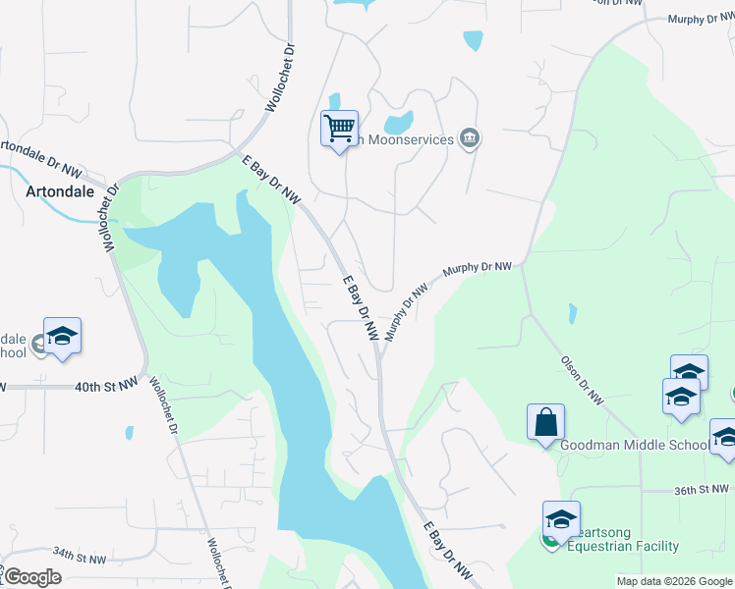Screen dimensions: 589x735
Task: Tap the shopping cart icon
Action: click(x=339, y=128)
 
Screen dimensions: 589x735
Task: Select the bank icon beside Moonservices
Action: click(x=470, y=138)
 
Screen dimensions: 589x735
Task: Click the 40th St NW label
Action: click(x=106, y=388)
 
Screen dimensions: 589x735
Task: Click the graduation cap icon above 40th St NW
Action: click(x=63, y=336)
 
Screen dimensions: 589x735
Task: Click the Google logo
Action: click(x=31, y=576)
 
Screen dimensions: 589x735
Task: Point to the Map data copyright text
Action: click(x=674, y=581)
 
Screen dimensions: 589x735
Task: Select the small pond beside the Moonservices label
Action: click(x=398, y=124)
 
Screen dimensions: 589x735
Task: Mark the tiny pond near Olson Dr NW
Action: click(x=573, y=314)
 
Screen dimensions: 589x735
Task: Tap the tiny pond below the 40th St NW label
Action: click(x=129, y=432)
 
